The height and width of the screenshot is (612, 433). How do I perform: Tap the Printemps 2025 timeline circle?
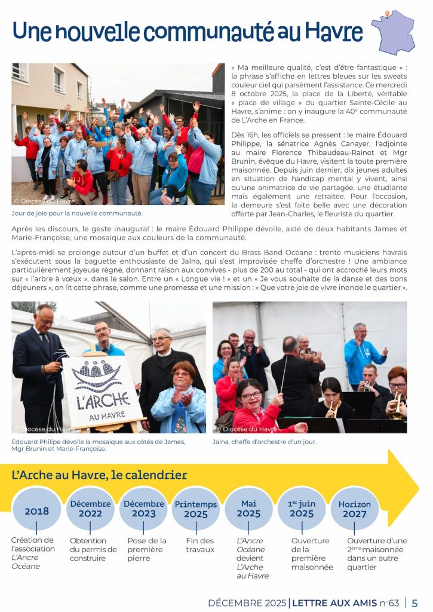click(x=196, y=509)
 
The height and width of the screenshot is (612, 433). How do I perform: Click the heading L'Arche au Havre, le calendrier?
click(x=99, y=476)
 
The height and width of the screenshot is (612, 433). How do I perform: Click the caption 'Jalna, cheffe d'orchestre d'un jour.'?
click(x=264, y=442)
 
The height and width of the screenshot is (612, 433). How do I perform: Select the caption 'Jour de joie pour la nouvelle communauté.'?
click(x=77, y=213)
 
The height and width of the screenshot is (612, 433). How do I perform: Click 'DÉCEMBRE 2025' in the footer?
click(x=247, y=602)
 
